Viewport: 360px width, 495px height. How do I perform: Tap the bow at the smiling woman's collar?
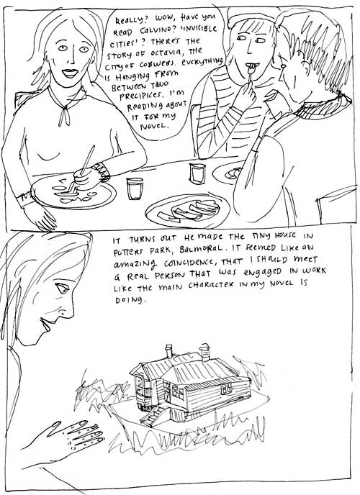pyautogui.click(x=66, y=114)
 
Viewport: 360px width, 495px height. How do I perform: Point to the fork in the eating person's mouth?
pyautogui.click(x=250, y=73)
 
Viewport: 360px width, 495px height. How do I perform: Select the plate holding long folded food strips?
pyautogui.click(x=189, y=211)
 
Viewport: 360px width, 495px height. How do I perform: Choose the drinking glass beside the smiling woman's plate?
pyautogui.click(x=135, y=189)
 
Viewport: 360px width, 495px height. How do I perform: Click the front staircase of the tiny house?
pyautogui.click(x=153, y=416)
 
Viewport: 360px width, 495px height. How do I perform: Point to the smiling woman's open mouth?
pyautogui.click(x=70, y=73)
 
